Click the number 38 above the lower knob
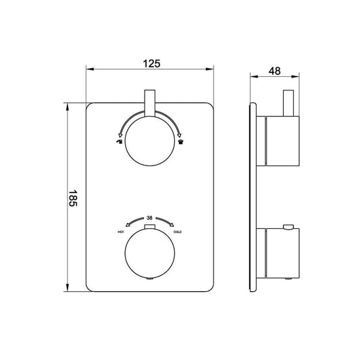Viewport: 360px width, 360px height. point(150,218)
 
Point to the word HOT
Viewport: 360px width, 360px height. point(121,232)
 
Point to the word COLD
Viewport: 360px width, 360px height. point(178,232)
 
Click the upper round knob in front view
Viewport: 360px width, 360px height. point(150,142)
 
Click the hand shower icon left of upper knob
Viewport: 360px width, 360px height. point(119,143)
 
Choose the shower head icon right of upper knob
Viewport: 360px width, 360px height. point(180,143)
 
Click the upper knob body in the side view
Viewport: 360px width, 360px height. point(280,141)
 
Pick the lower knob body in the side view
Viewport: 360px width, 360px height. point(280,253)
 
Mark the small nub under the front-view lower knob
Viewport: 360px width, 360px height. point(150,278)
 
